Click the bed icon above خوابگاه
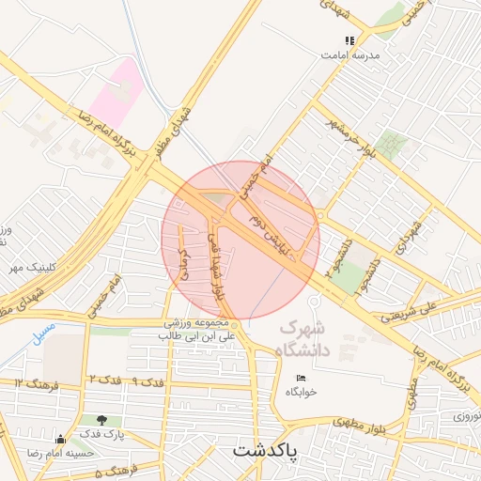pyautogui.click(x=300, y=377)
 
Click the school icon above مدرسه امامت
pyautogui.click(x=349, y=40)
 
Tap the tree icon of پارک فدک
pyautogui.click(x=101, y=420)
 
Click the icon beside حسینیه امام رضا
pyautogui.click(x=61, y=439)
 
